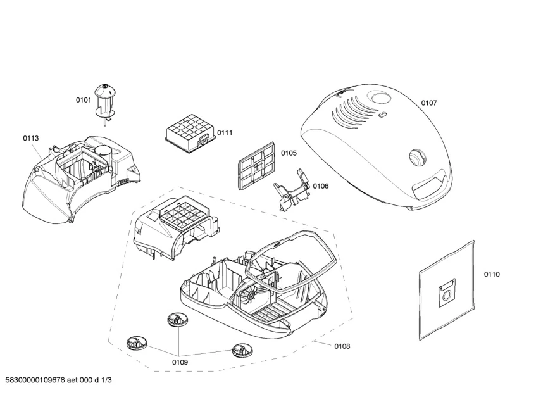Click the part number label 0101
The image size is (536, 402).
click(84, 99)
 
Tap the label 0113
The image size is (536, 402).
click(31, 138)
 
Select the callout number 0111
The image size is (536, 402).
click(225, 132)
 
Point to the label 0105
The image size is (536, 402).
click(289, 153)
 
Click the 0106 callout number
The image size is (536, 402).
click(321, 185)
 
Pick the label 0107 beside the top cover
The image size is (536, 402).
click(429, 103)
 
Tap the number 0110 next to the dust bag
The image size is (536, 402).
click(492, 274)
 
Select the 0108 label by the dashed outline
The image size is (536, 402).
click(342, 346)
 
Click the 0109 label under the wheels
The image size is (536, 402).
click(180, 362)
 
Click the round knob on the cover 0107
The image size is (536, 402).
click(416, 156)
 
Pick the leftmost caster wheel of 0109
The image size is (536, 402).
click(135, 344)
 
